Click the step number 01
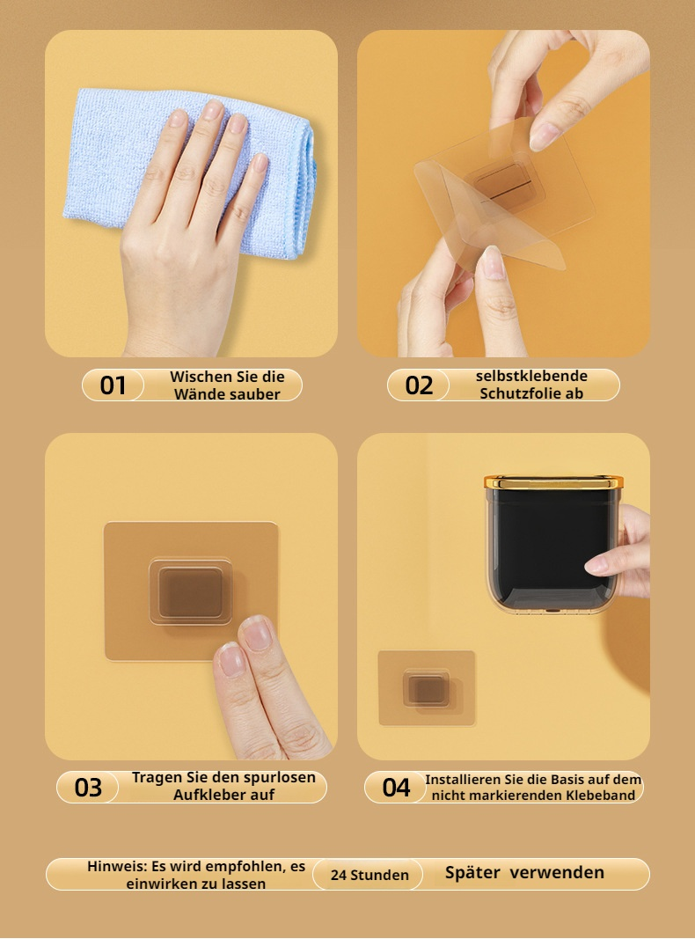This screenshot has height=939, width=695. [113, 385]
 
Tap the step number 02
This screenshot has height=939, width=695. [419, 385]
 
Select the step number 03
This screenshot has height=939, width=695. [88, 788]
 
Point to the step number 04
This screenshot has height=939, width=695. [396, 788]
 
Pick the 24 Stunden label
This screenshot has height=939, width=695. [369, 875]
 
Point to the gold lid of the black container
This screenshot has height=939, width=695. [553, 481]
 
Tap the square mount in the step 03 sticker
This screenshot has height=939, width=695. [190, 591]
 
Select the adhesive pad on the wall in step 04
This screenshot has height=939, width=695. [426, 687]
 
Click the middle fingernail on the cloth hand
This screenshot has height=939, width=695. [213, 110]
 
